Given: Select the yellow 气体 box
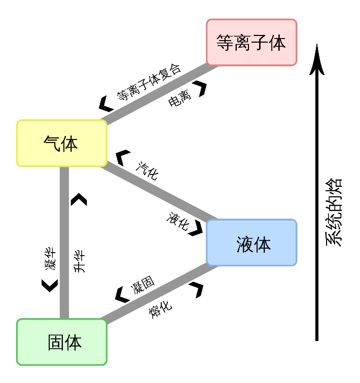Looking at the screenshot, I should pos(61,143).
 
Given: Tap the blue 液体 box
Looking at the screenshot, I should pos(251,242).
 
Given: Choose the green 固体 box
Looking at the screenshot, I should pos(61,342).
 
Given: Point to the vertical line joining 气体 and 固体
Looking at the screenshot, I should pos(64,242).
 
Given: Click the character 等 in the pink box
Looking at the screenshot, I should pos(225,43).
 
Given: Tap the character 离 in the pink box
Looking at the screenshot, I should pos(242,43).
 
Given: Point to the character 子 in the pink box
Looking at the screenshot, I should pos(260,43).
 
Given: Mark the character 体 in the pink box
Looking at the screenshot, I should pos(278,43).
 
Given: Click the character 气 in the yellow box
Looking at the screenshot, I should pos(52,144).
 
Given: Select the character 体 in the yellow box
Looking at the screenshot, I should pos(70,144).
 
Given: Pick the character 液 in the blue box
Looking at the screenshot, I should pos(244,245).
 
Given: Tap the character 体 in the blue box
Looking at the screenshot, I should pos(263,245).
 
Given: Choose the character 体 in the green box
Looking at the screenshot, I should pos(73,343).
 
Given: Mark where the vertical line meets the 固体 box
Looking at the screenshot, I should pos(64,319).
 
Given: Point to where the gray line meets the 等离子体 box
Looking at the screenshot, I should pos(213,65).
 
